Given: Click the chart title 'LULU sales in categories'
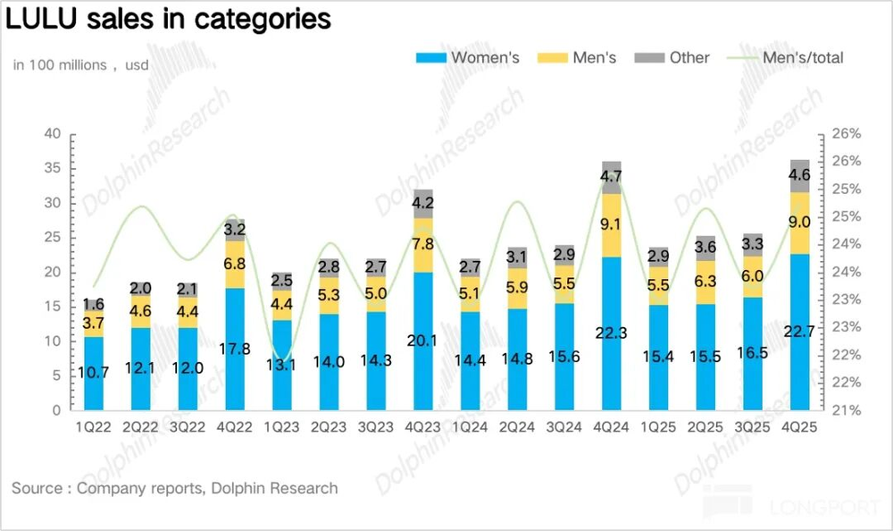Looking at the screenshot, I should (x=169, y=20).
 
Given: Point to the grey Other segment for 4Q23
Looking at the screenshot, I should (x=423, y=203).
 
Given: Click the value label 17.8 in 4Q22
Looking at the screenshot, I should (x=235, y=350).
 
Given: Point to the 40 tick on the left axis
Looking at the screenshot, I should (x=53, y=134).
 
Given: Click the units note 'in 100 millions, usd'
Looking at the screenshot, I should (x=80, y=65).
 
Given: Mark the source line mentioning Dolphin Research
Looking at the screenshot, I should (x=175, y=488).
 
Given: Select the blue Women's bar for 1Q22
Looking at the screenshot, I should (x=94, y=374).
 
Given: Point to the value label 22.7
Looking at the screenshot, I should (x=800, y=332).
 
